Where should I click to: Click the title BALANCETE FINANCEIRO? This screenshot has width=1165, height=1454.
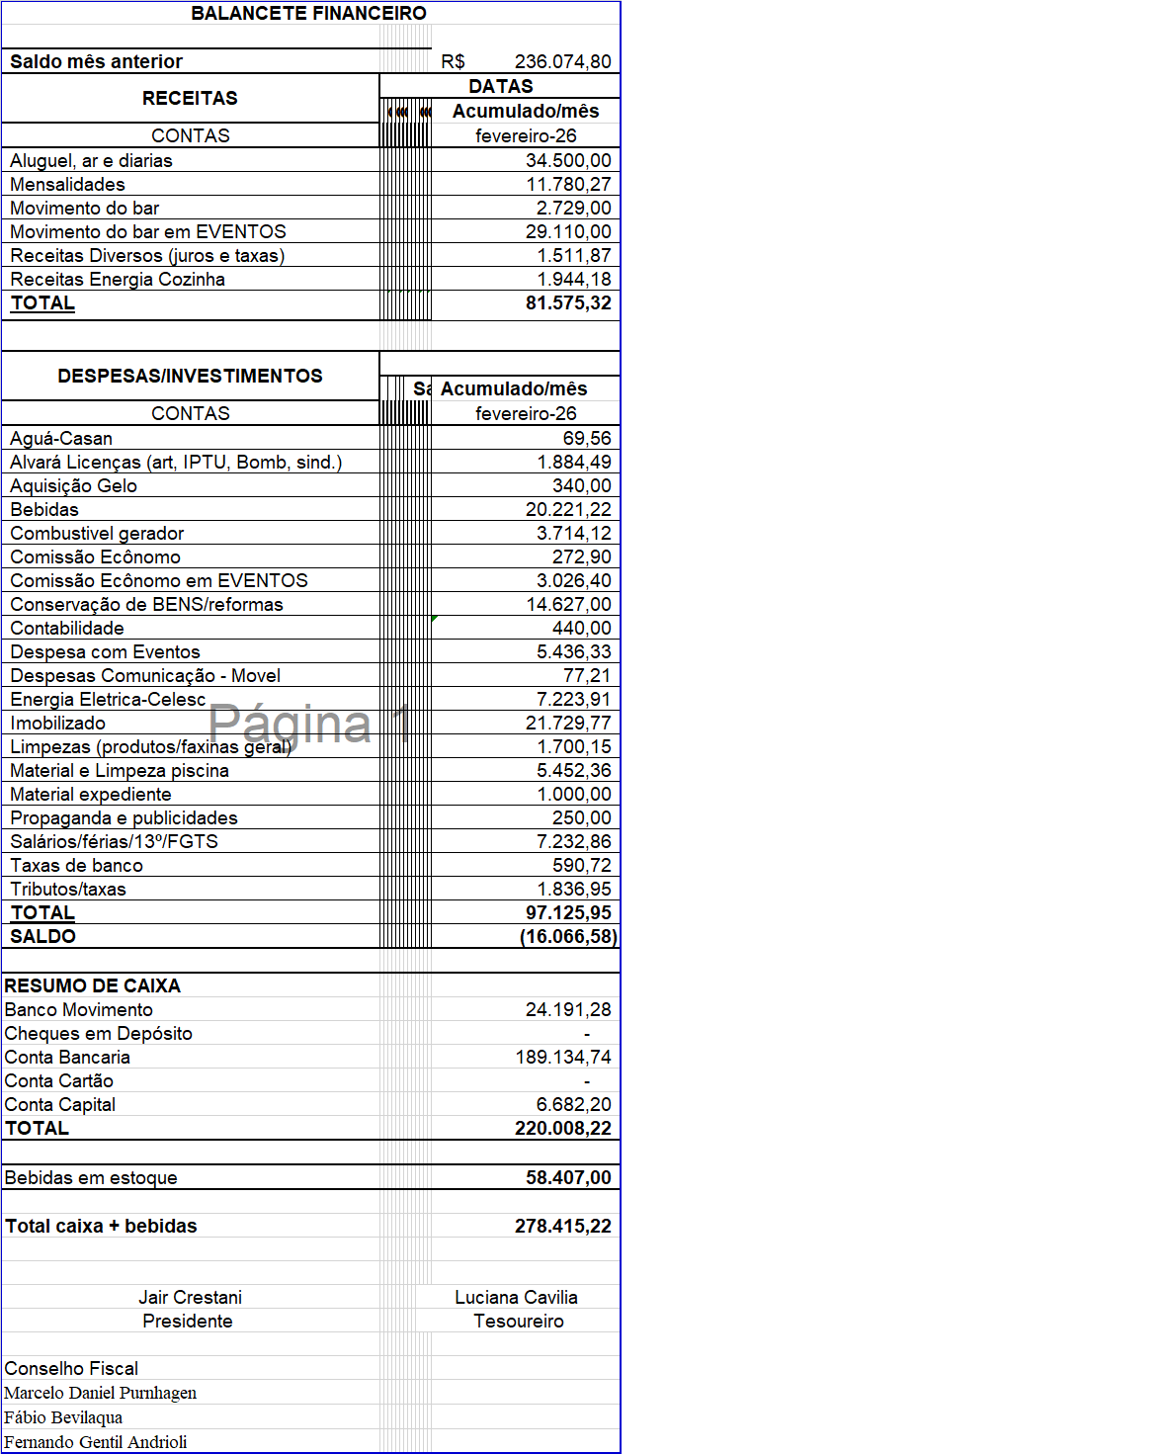pos(308,13)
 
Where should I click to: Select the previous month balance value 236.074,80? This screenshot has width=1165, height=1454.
pos(562,61)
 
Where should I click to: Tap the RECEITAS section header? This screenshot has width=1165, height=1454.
pos(190,98)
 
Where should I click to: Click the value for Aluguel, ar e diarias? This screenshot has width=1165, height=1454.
pos(567,160)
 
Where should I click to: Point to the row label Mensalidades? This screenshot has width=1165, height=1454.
pos(67,184)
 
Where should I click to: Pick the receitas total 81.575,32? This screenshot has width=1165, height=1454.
pos(567,302)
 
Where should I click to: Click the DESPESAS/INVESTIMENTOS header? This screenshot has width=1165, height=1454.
pos(190,376)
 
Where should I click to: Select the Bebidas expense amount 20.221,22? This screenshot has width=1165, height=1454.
pos(567,509)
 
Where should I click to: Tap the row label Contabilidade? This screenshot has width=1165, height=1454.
pos(67,628)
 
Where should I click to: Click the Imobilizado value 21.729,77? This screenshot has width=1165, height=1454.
pos(567,723)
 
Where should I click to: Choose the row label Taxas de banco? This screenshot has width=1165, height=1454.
pos(76,865)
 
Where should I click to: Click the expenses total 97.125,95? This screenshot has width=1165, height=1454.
pos(567,912)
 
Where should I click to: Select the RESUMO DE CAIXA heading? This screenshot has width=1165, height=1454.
pos(92,985)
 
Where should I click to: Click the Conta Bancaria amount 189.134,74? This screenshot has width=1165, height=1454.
pos(562,1057)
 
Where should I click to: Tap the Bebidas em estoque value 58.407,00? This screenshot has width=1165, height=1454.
pos(567,1177)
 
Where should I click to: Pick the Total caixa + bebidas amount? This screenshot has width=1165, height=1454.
pos(562,1226)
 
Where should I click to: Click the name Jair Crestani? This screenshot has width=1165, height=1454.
pos(190,1297)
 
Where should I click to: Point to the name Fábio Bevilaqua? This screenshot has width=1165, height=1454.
pos(63,1417)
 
